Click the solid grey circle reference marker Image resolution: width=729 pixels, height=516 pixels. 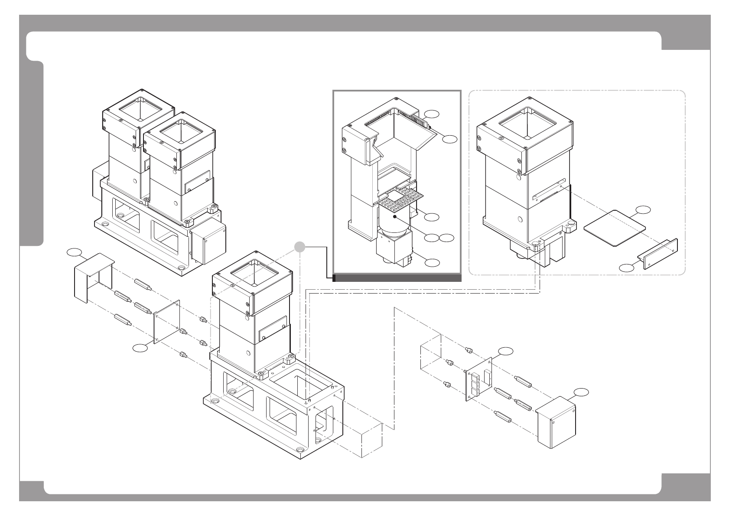(299, 246)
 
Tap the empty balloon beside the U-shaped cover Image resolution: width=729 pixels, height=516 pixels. (75, 252)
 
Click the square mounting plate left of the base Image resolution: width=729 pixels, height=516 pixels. (167, 321)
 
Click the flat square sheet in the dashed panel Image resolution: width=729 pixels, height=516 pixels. (615, 228)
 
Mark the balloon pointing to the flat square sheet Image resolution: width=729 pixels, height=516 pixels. (643, 210)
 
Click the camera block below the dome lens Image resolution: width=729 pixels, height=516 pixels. (392, 248)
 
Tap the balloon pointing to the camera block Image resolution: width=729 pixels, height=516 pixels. (432, 262)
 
